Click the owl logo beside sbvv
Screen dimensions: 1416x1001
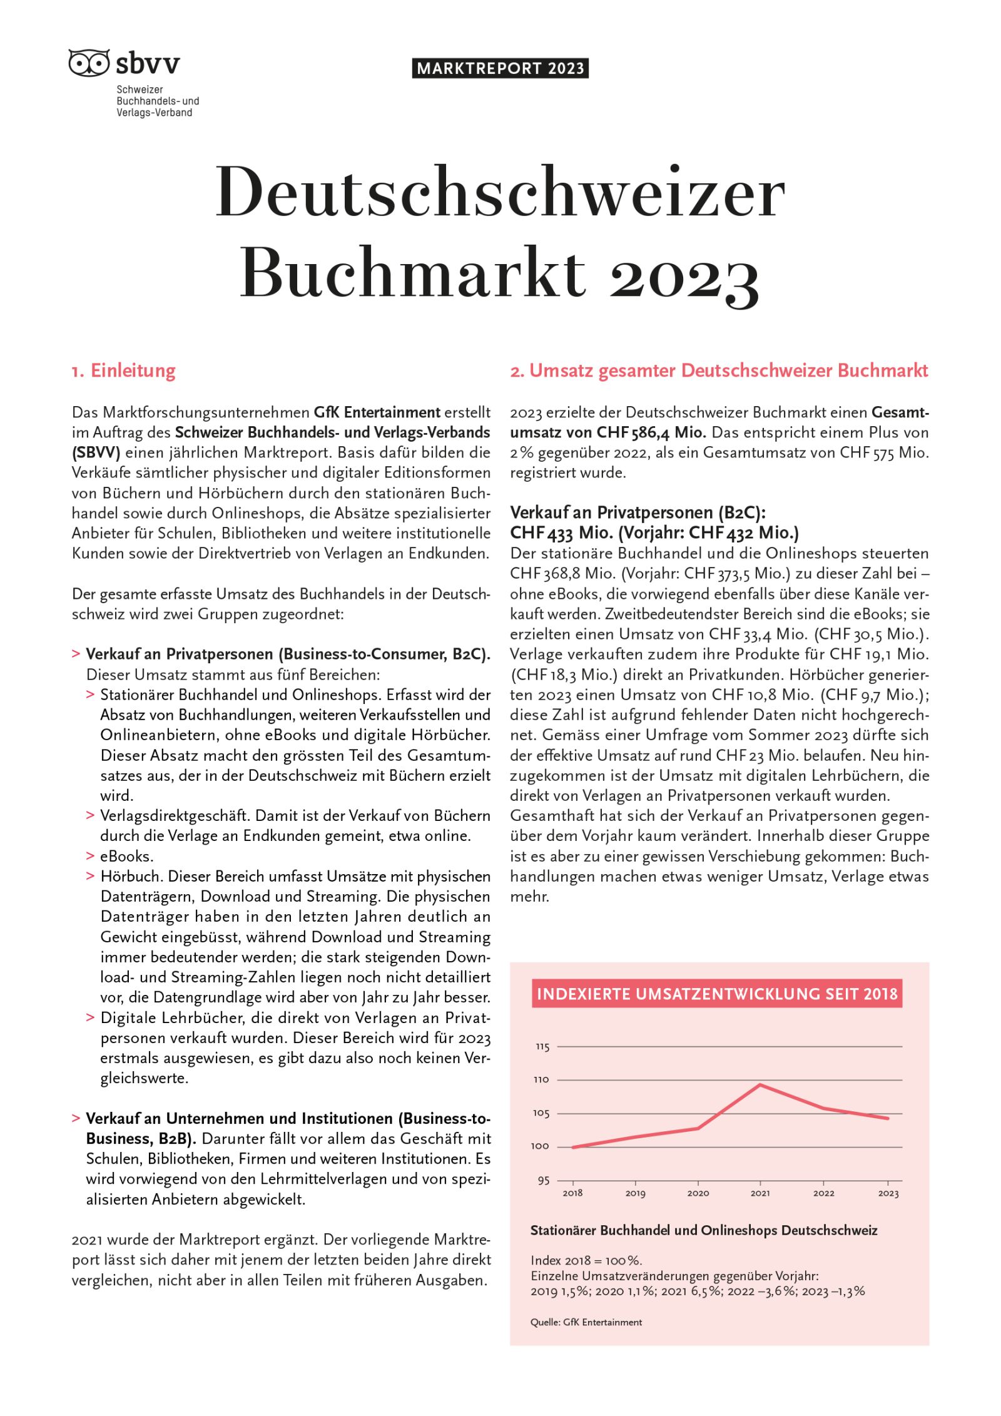89,63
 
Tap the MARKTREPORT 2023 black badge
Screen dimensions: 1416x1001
500,68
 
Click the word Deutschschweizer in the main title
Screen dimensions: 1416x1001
500,193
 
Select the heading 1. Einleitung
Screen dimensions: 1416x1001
124,370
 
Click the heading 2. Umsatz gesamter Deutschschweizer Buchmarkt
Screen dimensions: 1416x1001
719,370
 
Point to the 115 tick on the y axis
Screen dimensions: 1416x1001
542,1047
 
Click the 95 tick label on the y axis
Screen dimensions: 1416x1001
543,1181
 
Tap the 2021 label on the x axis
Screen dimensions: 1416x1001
760,1193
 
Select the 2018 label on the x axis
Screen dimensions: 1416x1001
572,1193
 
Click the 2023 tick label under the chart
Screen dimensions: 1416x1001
888,1193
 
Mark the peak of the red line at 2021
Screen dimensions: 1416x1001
760,1084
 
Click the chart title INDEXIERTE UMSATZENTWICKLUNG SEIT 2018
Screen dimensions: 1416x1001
717,994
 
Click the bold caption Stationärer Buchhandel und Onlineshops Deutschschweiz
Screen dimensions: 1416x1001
704,1231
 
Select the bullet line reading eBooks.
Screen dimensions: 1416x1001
126,856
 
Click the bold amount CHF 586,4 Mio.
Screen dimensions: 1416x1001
651,432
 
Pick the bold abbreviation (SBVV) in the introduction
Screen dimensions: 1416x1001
96,452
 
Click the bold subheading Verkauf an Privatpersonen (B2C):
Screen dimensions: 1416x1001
638,512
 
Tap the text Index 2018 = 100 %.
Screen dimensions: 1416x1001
586,1260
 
